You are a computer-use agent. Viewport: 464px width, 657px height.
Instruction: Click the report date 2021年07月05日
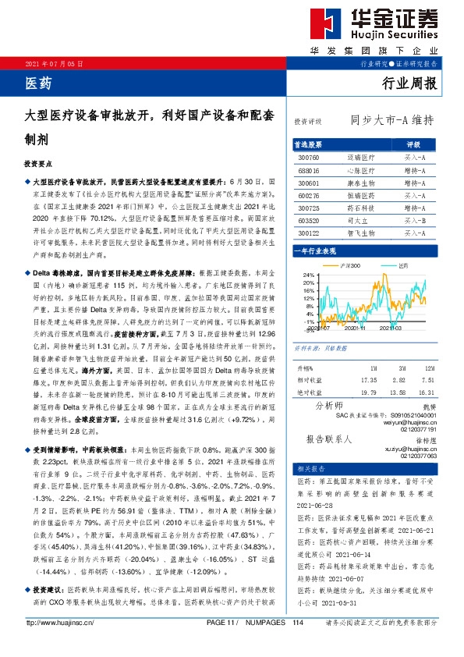click(x=54, y=63)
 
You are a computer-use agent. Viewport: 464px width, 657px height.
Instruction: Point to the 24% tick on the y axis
click(x=308, y=275)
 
